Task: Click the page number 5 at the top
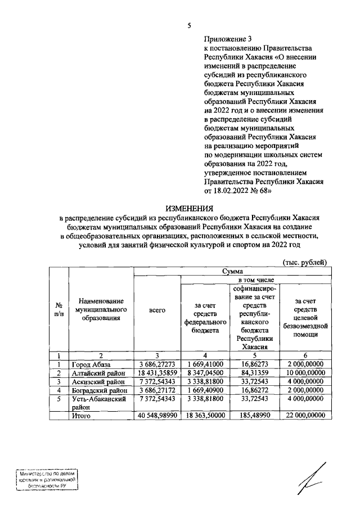coord(190,25)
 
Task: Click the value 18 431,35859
coord(157,373)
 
